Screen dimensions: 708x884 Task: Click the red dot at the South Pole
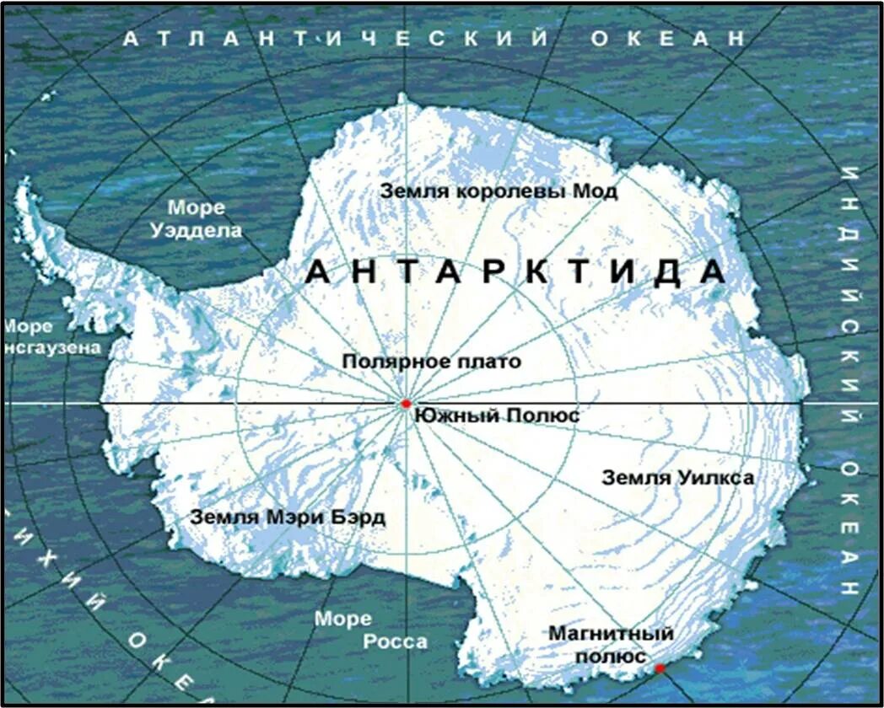(x=406, y=404)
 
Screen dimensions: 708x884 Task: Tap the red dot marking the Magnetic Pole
(x=660, y=668)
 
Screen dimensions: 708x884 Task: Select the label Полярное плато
(x=431, y=362)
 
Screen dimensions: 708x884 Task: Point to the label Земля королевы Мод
(x=498, y=191)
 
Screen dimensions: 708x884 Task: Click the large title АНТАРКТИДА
(x=515, y=271)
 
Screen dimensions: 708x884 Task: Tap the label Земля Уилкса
(x=677, y=478)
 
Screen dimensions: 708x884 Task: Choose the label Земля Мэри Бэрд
(x=288, y=517)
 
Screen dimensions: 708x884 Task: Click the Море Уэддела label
(x=197, y=219)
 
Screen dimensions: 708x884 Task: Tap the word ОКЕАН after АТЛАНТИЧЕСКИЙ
(x=667, y=39)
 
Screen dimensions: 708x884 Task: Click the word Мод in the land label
(x=596, y=191)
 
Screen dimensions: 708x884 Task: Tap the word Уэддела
(x=197, y=230)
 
